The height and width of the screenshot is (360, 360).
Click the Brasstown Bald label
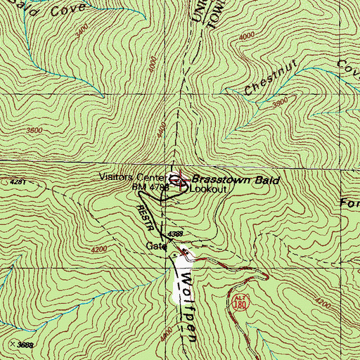236,181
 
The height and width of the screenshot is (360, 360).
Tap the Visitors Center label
131,178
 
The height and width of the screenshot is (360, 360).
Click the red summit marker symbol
181,184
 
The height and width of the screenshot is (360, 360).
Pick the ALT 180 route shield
240,302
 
